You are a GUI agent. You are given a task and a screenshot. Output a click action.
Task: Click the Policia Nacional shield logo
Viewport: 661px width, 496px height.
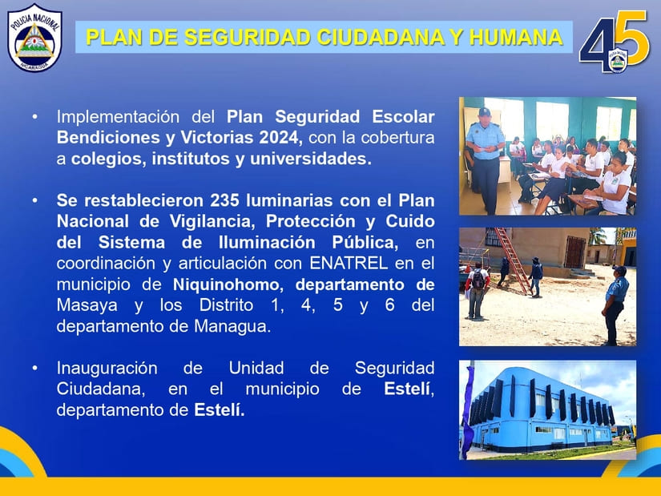point(35,38)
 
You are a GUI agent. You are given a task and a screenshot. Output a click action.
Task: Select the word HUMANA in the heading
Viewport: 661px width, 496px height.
point(516,37)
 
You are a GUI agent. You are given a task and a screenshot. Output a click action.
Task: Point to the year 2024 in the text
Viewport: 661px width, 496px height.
point(280,138)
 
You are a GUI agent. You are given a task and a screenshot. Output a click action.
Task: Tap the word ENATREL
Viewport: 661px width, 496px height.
point(349,263)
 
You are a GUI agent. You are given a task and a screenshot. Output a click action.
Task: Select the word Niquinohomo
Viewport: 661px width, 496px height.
point(226,284)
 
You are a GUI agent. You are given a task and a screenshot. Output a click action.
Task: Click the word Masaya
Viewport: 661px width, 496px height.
point(87,305)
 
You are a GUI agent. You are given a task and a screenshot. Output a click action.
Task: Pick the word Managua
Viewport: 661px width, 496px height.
point(232,326)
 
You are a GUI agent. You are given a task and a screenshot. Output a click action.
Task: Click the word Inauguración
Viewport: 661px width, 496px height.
point(107,369)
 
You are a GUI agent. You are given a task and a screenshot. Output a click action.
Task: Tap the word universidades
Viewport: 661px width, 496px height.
point(311,159)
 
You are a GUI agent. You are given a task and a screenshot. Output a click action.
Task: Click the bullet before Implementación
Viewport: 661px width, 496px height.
point(35,116)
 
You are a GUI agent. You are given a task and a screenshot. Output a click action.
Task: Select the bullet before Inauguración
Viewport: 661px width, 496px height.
point(35,369)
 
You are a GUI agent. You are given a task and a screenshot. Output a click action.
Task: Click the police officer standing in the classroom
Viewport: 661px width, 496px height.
point(486,160)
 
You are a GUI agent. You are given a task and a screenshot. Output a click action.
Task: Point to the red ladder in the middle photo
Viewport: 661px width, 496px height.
point(513,260)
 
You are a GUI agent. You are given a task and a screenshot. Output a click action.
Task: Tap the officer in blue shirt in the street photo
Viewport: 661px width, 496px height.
point(615,304)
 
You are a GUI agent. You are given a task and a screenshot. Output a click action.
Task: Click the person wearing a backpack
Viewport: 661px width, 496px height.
point(477,290)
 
